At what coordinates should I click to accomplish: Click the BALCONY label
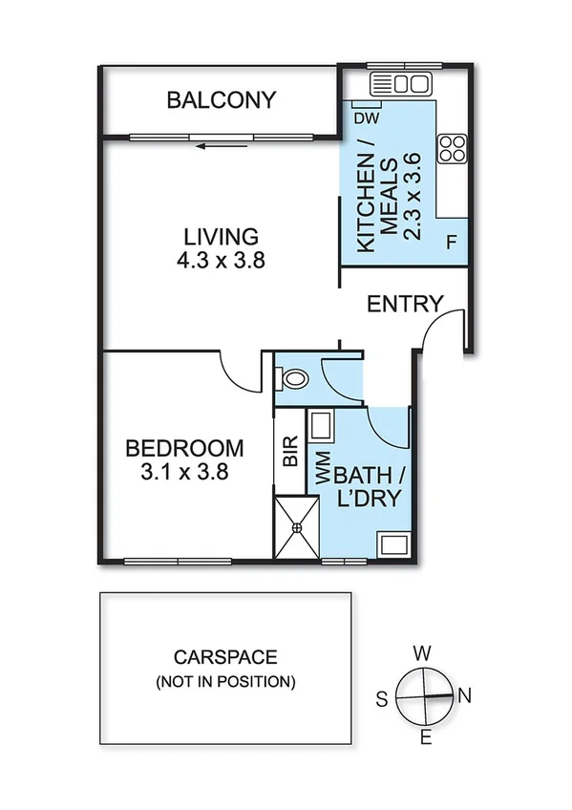coord(222,100)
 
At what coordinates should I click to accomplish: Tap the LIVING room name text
coord(222,236)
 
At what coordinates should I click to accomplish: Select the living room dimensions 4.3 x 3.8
coord(222,261)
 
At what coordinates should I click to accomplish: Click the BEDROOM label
coord(184,447)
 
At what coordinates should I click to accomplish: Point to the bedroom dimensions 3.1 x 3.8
coord(184,471)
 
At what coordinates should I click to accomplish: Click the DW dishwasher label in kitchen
coord(364,118)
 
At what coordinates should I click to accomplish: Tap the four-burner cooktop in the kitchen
coord(452,148)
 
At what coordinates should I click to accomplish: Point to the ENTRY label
coord(405,305)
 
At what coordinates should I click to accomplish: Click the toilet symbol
coord(293,378)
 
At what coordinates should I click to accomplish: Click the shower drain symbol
coord(295,524)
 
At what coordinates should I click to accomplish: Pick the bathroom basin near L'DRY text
coord(393,545)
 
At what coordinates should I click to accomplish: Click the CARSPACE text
coord(225,657)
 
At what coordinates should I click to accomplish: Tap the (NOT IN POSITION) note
coord(225,682)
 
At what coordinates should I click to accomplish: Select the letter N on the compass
coord(465,696)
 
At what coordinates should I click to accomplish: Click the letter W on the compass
coord(421,653)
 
